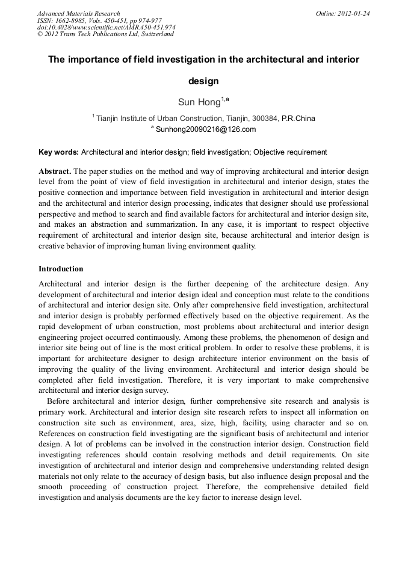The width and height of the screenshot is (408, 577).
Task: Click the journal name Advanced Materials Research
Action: click(x=78, y=13)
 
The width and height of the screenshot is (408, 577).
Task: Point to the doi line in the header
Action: click(x=106, y=27)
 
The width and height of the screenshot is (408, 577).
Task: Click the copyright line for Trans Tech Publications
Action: click(x=105, y=34)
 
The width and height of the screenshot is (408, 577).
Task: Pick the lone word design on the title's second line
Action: click(x=203, y=81)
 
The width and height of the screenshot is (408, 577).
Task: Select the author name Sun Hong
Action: click(x=199, y=102)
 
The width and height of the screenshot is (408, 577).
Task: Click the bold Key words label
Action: click(x=58, y=152)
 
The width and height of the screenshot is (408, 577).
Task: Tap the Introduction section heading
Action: click(x=61, y=269)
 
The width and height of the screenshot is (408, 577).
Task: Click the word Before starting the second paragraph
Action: click(x=60, y=401)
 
